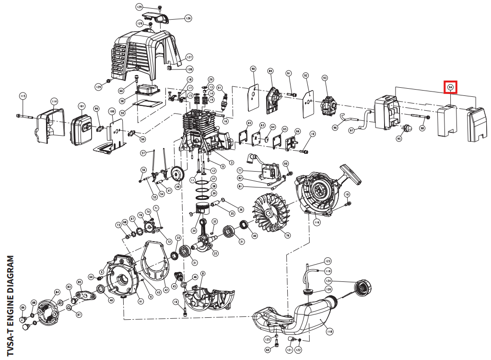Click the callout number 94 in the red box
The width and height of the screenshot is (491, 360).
coord(450,87)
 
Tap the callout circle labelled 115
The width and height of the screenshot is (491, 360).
coord(23,96)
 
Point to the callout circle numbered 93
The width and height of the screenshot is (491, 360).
coord(325,78)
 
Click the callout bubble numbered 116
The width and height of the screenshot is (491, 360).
coord(316,222)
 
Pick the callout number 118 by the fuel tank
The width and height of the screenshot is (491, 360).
coord(329,331)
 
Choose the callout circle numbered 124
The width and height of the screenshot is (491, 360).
coord(328,280)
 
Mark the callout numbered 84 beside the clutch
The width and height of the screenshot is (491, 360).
coord(57,291)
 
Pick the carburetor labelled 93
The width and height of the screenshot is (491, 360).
coord(327,103)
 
